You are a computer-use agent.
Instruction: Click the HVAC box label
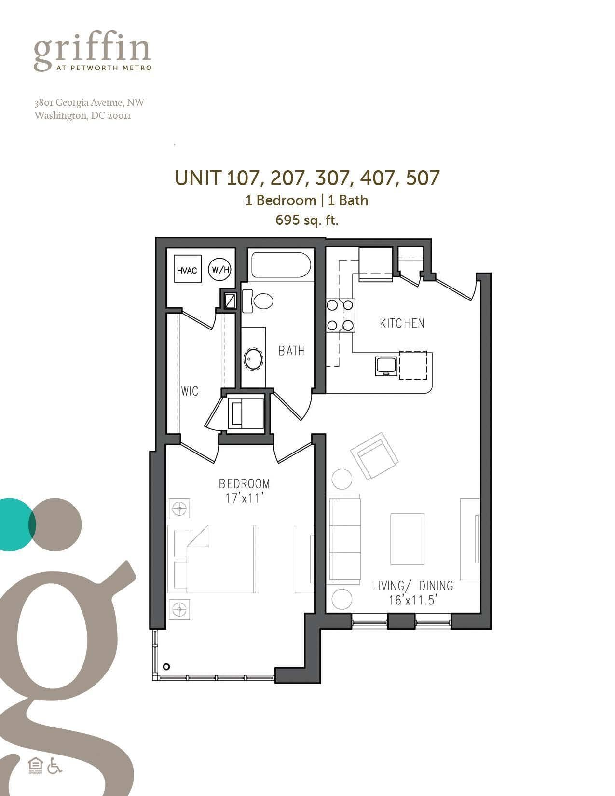187,270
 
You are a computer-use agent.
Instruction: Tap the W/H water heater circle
219,270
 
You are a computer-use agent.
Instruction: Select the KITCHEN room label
402,323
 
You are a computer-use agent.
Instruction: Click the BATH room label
291,351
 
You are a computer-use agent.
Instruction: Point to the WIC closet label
190,391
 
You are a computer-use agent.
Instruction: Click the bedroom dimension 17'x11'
244,498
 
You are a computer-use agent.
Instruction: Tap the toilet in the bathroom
260,302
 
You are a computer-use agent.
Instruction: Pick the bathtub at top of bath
280,265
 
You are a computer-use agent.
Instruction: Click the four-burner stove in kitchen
340,315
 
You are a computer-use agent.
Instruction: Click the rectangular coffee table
407,539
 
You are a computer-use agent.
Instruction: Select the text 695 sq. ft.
307,220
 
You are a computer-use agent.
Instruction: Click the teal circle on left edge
14,524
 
